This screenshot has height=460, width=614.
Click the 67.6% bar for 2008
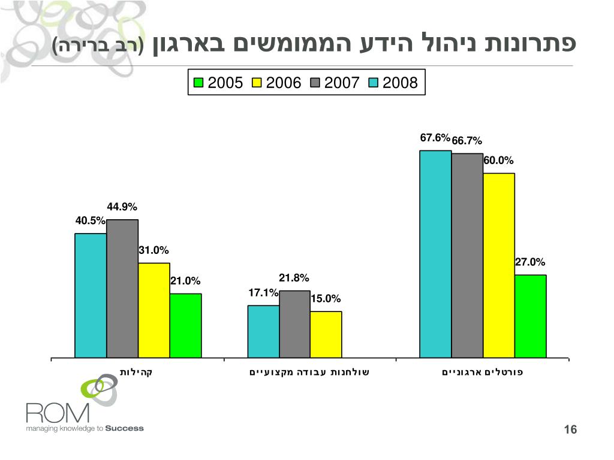click(x=435, y=254)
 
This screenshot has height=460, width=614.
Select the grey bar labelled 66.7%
click(x=467, y=256)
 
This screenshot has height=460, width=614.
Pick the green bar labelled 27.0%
click(x=531, y=316)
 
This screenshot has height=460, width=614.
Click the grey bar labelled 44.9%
click(x=122, y=289)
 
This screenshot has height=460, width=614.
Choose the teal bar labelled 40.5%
click(x=91, y=295)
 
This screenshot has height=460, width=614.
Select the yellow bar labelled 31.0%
click(x=154, y=310)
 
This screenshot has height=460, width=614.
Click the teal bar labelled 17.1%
click(x=263, y=331)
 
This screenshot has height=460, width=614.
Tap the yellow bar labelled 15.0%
click(x=326, y=334)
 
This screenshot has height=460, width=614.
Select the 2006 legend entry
click(x=276, y=83)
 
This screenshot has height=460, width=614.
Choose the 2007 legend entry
click(x=334, y=83)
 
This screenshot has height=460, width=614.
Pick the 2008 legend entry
click(x=393, y=83)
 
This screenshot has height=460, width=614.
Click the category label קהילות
click(x=138, y=372)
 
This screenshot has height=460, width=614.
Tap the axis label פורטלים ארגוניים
click(x=483, y=372)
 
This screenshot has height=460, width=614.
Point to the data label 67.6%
click(x=435, y=138)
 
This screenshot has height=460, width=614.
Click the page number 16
click(x=570, y=430)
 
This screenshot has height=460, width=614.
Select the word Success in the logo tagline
click(x=125, y=428)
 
